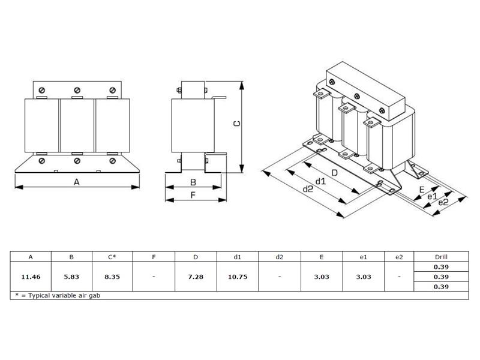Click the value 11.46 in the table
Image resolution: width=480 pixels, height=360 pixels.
pyautogui.click(x=31, y=277)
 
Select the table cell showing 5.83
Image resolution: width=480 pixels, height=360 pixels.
pyautogui.click(x=71, y=277)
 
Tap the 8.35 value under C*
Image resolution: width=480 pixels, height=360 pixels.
pyautogui.click(x=112, y=277)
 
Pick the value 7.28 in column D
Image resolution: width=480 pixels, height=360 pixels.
pyautogui.click(x=196, y=277)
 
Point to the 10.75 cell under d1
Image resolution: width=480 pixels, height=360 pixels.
pyautogui.click(x=237, y=277)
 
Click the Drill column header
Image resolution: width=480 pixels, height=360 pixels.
pyautogui.click(x=440, y=257)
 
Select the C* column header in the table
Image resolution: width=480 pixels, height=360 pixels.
pyautogui.click(x=112, y=257)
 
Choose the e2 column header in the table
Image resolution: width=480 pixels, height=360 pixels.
pyautogui.click(x=400, y=257)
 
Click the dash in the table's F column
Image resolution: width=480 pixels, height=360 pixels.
pyautogui.click(x=154, y=277)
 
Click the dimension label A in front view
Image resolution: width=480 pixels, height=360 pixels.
pyautogui.click(x=77, y=182)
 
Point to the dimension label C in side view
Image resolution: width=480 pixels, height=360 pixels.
pyautogui.click(x=236, y=124)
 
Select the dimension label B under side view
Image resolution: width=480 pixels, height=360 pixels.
pyautogui.click(x=193, y=182)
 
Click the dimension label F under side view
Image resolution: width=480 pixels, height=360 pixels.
pyautogui.click(x=193, y=195)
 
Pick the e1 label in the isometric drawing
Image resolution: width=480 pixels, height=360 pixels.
pyautogui.click(x=431, y=196)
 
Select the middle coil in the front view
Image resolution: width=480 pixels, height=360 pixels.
pyautogui.click(x=77, y=125)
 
